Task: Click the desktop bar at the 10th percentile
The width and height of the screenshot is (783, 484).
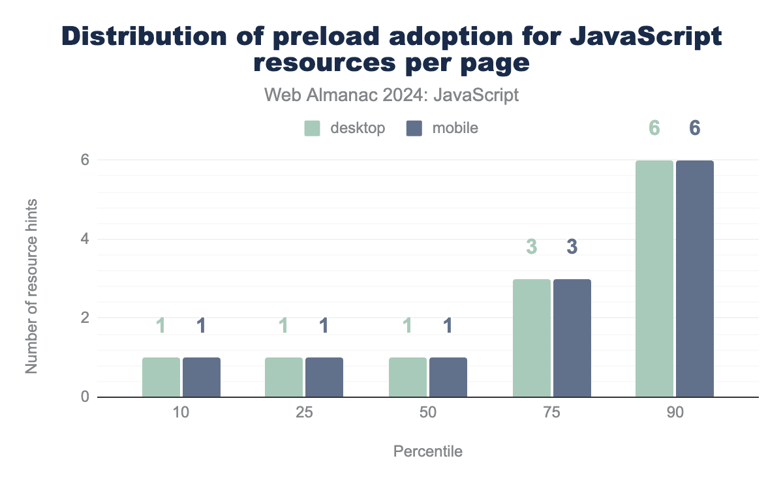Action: [161, 377]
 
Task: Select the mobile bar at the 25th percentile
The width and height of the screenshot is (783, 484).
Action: [324, 377]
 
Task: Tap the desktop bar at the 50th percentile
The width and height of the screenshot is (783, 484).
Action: [408, 377]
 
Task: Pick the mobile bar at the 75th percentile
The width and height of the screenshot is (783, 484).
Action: [572, 338]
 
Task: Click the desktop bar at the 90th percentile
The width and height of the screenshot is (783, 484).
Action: [654, 279]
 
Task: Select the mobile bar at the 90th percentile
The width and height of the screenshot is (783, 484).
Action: [695, 279]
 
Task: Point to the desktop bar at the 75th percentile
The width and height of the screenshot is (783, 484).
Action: [532, 338]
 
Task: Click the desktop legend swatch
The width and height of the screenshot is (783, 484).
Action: [313, 128]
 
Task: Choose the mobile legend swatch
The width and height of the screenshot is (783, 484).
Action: [415, 128]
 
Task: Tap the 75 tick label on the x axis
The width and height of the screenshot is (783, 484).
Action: [552, 416]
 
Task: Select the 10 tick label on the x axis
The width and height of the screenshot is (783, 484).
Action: [181, 416]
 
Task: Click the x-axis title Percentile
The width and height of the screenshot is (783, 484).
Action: [428, 451]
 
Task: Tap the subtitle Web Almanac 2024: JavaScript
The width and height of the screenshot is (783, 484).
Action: [391, 95]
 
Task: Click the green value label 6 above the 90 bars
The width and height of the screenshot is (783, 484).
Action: [654, 128]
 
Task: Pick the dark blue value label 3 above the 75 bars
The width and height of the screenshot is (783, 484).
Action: [572, 247]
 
